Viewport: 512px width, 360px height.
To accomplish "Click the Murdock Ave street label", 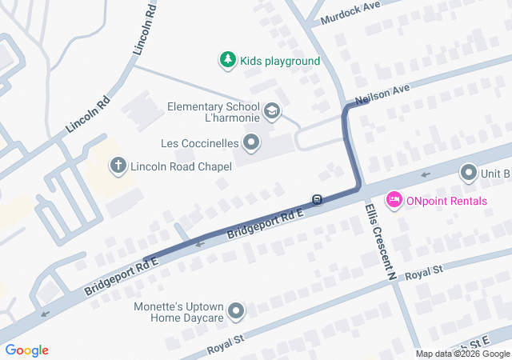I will point(350,14).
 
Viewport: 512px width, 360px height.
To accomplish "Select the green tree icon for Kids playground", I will point(228,60).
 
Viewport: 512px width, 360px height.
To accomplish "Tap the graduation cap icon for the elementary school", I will point(272,110).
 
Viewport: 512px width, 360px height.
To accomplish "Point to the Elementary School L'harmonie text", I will point(214,114).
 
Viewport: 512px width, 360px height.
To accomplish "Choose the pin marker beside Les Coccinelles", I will point(252,143).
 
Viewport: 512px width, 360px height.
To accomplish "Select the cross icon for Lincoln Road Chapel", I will point(118,166).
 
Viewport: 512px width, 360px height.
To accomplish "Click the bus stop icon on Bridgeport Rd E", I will point(318,199).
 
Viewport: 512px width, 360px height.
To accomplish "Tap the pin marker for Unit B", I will point(468,172).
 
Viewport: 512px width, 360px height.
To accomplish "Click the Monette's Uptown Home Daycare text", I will point(181,312).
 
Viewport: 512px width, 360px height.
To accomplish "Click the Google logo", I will point(27,350).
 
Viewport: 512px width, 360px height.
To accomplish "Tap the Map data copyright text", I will point(462,354).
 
